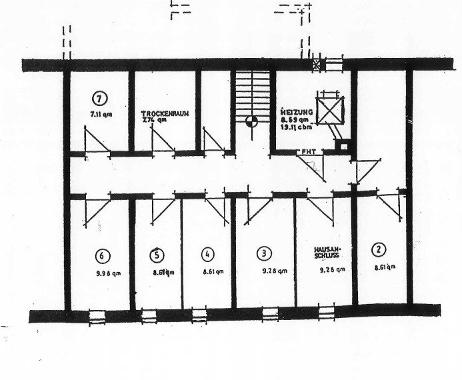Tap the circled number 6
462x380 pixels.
[x=101, y=255]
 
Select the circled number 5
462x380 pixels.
[x=157, y=254]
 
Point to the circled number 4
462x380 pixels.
[x=208, y=254]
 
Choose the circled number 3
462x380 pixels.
[x=265, y=253]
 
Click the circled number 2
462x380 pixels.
[x=379, y=250]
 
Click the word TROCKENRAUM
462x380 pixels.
[x=165, y=113]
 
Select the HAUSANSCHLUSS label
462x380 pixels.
[x=328, y=254]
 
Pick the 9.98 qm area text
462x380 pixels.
[x=107, y=273]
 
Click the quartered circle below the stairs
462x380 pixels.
[x=251, y=121]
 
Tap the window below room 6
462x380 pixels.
[x=97, y=316]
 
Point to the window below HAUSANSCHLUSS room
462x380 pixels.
[x=327, y=311]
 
